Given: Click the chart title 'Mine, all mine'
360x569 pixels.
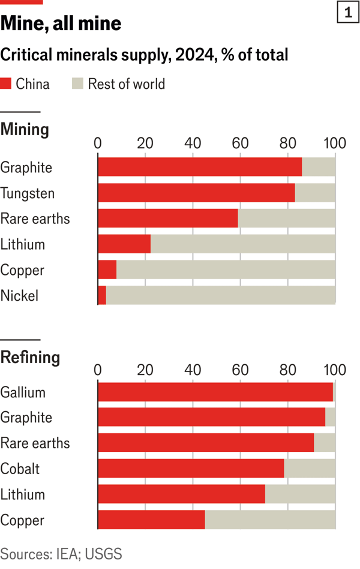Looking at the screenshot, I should click(x=61, y=24).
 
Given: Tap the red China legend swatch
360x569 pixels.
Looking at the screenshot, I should click(x=6, y=84).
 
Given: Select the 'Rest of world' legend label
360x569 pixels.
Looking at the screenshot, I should click(x=126, y=84).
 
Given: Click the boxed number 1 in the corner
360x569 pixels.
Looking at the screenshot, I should click(x=347, y=13).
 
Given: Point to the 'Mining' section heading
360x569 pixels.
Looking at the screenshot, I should click(x=25, y=130).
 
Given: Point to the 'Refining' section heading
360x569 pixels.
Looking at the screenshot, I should click(x=30, y=358).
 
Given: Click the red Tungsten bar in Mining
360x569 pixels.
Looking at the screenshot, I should click(x=196, y=193).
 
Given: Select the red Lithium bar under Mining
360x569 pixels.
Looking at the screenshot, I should click(x=124, y=244).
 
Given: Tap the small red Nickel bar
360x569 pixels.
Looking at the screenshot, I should click(x=102, y=295).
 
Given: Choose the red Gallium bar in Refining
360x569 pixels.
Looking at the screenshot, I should click(x=215, y=392).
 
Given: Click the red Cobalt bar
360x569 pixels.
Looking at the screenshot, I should click(x=191, y=469).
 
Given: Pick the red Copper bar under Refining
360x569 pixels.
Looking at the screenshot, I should click(x=151, y=520).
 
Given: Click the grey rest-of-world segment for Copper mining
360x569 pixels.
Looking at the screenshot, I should click(x=226, y=270).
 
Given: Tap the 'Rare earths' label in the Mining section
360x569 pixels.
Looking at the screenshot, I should click(x=35, y=219).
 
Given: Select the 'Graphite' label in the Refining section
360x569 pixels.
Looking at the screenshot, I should click(x=26, y=418).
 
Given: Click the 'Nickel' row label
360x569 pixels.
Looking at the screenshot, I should click(x=19, y=295).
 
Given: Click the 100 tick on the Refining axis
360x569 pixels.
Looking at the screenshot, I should click(x=334, y=369).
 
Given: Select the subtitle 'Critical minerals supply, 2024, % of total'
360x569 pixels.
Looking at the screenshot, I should click(x=144, y=55).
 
